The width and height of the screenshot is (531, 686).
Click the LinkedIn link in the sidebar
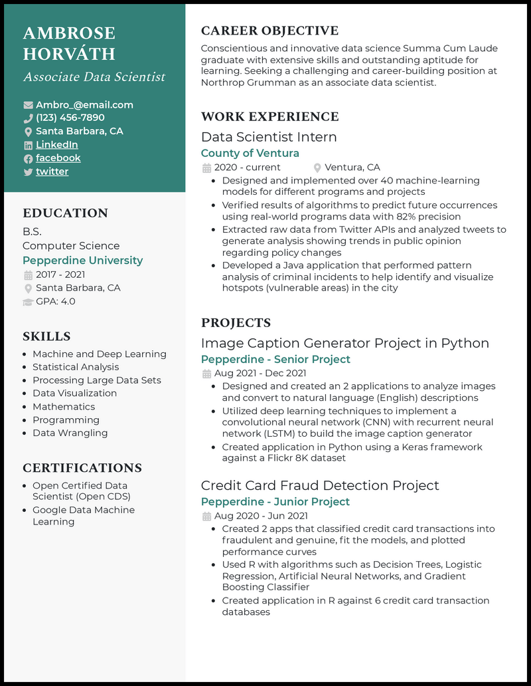[x=56, y=145]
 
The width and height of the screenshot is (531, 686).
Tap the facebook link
[x=58, y=158]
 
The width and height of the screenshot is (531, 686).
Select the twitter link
[x=52, y=171]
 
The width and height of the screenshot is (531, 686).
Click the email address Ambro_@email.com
[x=84, y=105]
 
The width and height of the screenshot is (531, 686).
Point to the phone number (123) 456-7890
[x=70, y=118]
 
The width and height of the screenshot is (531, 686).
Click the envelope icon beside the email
[x=28, y=105]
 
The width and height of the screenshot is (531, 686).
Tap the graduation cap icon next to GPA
[x=28, y=302]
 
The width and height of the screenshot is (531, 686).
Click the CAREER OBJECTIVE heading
[x=269, y=31]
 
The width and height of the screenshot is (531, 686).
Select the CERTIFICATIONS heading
[x=82, y=468]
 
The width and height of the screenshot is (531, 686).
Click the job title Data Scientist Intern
[x=269, y=137]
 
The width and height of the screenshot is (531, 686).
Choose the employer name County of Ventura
[x=250, y=154]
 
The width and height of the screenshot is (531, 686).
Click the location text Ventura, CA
[x=352, y=168]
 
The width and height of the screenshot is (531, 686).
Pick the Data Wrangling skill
[x=70, y=433]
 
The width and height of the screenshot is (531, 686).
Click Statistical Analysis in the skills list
[x=76, y=367]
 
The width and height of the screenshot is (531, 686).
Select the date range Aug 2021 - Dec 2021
[x=260, y=374]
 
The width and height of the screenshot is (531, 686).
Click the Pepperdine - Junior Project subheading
[x=275, y=502]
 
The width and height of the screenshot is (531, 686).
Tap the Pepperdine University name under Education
[x=82, y=261]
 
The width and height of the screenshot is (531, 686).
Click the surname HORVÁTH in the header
[x=69, y=54]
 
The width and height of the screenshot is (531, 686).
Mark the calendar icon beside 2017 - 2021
[x=28, y=275]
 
